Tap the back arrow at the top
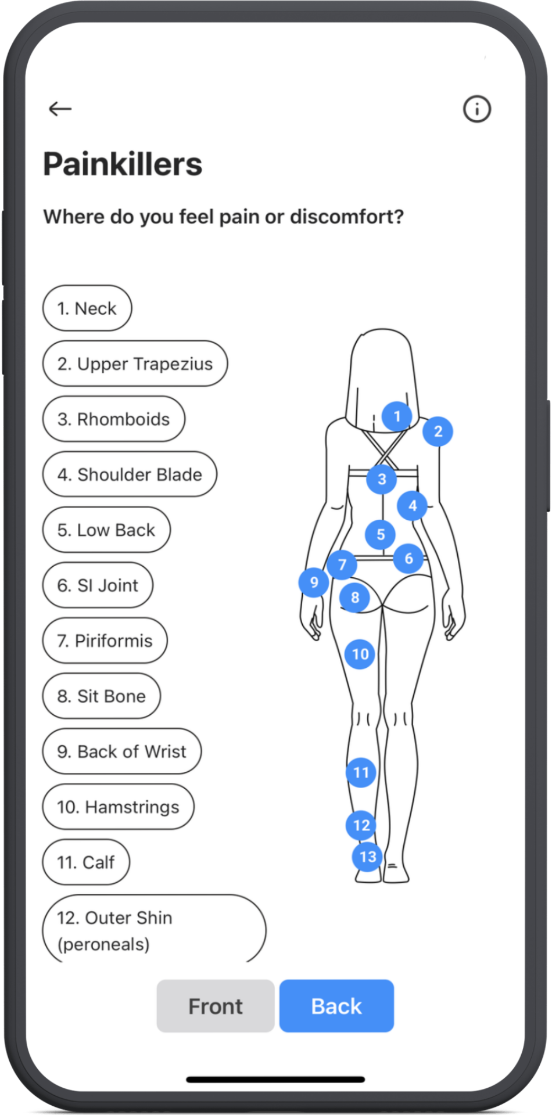pyautogui.click(x=60, y=109)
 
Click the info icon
pyautogui.click(x=476, y=109)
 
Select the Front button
pyautogui.click(x=215, y=1006)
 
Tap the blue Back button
pyautogui.click(x=336, y=1006)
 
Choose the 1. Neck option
pyautogui.click(x=87, y=308)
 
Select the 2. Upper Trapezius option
pyautogui.click(x=135, y=364)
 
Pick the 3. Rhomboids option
pyautogui.click(x=114, y=419)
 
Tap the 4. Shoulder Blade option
pyautogui.click(x=130, y=474)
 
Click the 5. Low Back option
pyautogui.click(x=106, y=530)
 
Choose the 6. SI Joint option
pyautogui.click(x=98, y=585)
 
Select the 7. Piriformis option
pyautogui.click(x=105, y=641)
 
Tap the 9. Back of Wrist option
pyautogui.click(x=122, y=751)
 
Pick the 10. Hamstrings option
pyautogui.click(x=118, y=807)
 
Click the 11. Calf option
pyautogui.click(x=86, y=862)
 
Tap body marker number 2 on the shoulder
pyautogui.click(x=438, y=431)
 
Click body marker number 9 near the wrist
pyautogui.click(x=314, y=582)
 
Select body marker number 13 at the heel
pyautogui.click(x=368, y=857)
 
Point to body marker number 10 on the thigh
pyautogui.click(x=360, y=654)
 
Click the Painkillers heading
pyautogui.click(x=123, y=164)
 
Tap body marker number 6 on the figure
pyautogui.click(x=408, y=559)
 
